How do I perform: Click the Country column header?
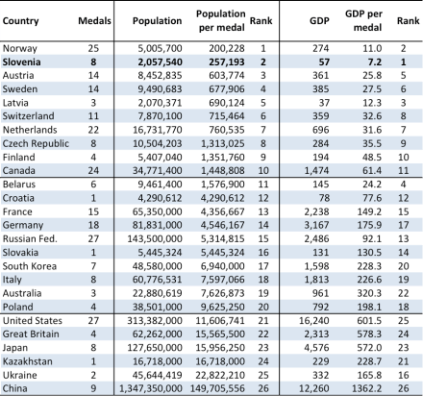[23, 19]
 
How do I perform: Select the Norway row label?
[20, 46]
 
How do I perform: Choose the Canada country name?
[20, 167]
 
